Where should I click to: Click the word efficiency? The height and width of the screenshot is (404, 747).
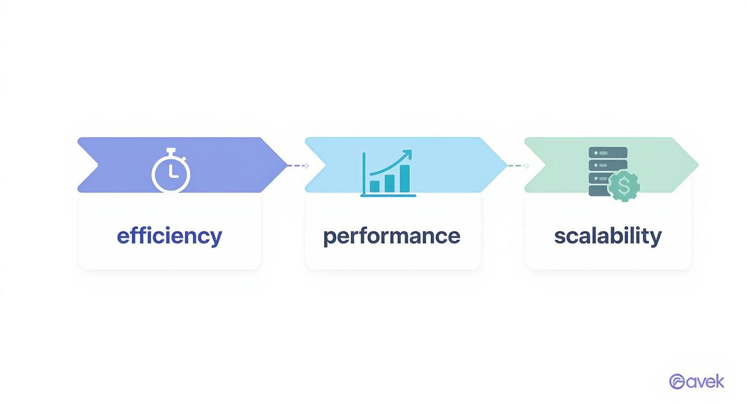click(x=170, y=237)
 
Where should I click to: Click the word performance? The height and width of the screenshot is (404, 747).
click(x=392, y=237)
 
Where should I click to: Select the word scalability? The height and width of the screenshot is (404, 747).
click(x=608, y=237)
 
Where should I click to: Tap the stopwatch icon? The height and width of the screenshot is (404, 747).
click(x=171, y=170)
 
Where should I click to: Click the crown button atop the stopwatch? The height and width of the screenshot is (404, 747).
click(x=171, y=152)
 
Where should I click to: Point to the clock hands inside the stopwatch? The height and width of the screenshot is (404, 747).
click(x=173, y=171)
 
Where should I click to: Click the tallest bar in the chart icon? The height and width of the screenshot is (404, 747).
click(x=405, y=178)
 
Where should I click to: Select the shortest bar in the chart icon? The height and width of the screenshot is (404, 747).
click(x=375, y=186)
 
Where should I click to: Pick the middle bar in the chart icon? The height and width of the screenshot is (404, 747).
click(x=390, y=183)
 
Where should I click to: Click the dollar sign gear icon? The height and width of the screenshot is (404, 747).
click(x=624, y=186)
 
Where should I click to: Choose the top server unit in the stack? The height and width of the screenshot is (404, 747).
click(x=608, y=153)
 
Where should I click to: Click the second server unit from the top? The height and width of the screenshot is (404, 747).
click(x=608, y=165)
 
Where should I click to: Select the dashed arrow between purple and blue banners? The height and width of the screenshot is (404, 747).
click(x=298, y=165)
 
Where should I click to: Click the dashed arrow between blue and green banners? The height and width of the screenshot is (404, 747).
click(x=518, y=165)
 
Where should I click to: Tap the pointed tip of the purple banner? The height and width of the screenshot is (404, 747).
click(x=287, y=165)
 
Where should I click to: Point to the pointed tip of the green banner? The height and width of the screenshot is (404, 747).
click(x=698, y=165)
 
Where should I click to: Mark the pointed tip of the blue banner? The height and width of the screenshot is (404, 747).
click(x=507, y=165)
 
